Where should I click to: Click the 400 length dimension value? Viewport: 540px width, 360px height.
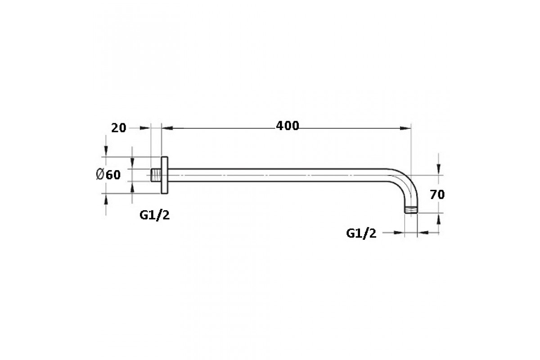coord(288,126)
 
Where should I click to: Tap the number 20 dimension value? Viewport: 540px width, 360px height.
coord(119,128)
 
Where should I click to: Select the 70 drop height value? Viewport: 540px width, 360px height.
coord(437,194)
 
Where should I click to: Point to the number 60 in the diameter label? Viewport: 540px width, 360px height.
coord(113,175)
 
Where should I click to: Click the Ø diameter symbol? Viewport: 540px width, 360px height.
coord(100,174)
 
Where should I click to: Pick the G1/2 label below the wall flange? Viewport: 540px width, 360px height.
coord(154,215)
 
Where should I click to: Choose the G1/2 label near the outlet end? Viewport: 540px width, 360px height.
coord(361,234)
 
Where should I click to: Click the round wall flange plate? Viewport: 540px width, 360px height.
coord(164,175)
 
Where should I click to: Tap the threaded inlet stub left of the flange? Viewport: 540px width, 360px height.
coord(156,175)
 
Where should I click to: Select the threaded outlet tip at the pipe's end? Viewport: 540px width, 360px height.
coord(411,210)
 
